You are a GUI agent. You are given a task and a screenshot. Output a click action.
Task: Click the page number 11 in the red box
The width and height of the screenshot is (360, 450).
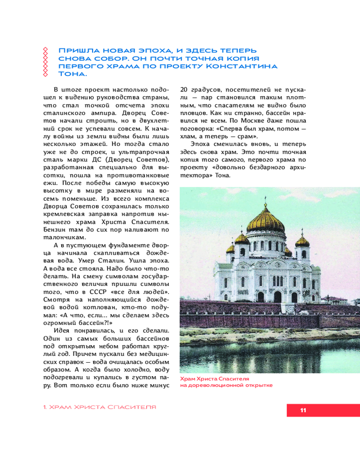[303, 410]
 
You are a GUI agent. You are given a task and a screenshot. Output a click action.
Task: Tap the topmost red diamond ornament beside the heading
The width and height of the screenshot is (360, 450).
[44, 49]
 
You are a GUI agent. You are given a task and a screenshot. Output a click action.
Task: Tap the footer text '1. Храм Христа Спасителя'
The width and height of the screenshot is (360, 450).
[99, 407]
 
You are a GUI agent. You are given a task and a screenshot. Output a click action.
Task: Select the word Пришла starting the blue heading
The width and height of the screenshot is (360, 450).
[76, 49]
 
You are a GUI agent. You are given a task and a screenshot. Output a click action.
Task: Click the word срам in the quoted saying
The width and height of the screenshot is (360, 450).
[246, 136]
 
